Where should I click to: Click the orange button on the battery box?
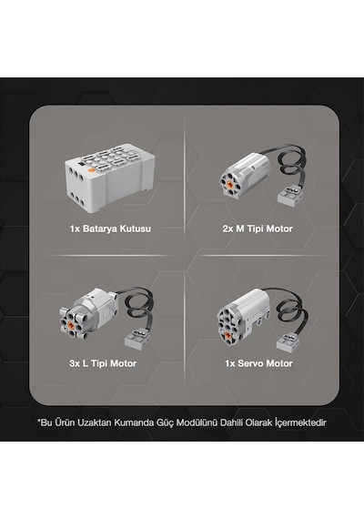point(91,171)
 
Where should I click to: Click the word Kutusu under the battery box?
point(135,229)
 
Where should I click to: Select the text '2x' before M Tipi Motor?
point(227,229)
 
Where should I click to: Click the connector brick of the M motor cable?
point(289,195)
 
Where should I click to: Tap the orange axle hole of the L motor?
point(71,325)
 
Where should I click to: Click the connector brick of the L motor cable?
point(137,339)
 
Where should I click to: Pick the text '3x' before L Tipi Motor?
point(75,363)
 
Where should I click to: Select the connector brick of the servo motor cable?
point(288,342)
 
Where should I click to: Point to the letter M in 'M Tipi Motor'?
point(240,229)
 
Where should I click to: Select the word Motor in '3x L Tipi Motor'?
point(123,363)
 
